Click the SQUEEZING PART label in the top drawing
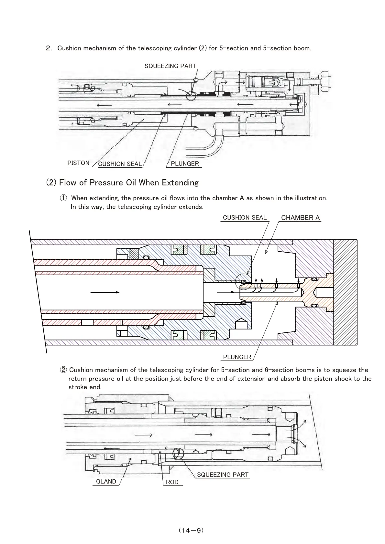click(x=170, y=66)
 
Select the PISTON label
click(x=78, y=163)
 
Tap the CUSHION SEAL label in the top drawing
click(x=120, y=164)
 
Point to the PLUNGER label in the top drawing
click(x=185, y=163)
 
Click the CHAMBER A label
click(x=300, y=217)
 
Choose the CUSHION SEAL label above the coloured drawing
click(x=245, y=217)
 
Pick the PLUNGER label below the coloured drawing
click(x=237, y=357)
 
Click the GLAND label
click(x=106, y=481)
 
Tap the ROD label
click(x=172, y=482)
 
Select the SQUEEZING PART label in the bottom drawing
click(x=223, y=475)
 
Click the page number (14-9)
click(x=191, y=530)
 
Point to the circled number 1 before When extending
click(x=63, y=198)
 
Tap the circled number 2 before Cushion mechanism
click(x=64, y=370)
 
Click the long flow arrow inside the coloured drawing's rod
click(x=105, y=292)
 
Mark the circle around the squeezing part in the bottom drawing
click(x=178, y=453)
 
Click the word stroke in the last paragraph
click(x=77, y=387)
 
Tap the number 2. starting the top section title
click(x=49, y=48)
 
